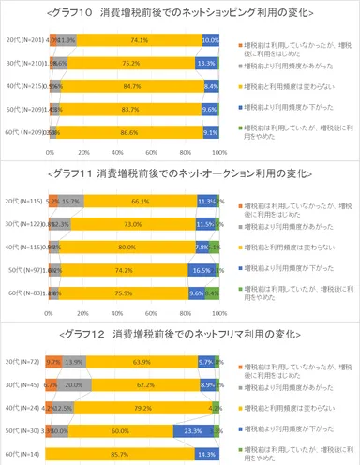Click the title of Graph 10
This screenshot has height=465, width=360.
tap(180, 12)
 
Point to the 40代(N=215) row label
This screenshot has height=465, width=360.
tap(25, 86)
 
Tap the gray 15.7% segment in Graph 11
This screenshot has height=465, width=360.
tap(72, 201)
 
